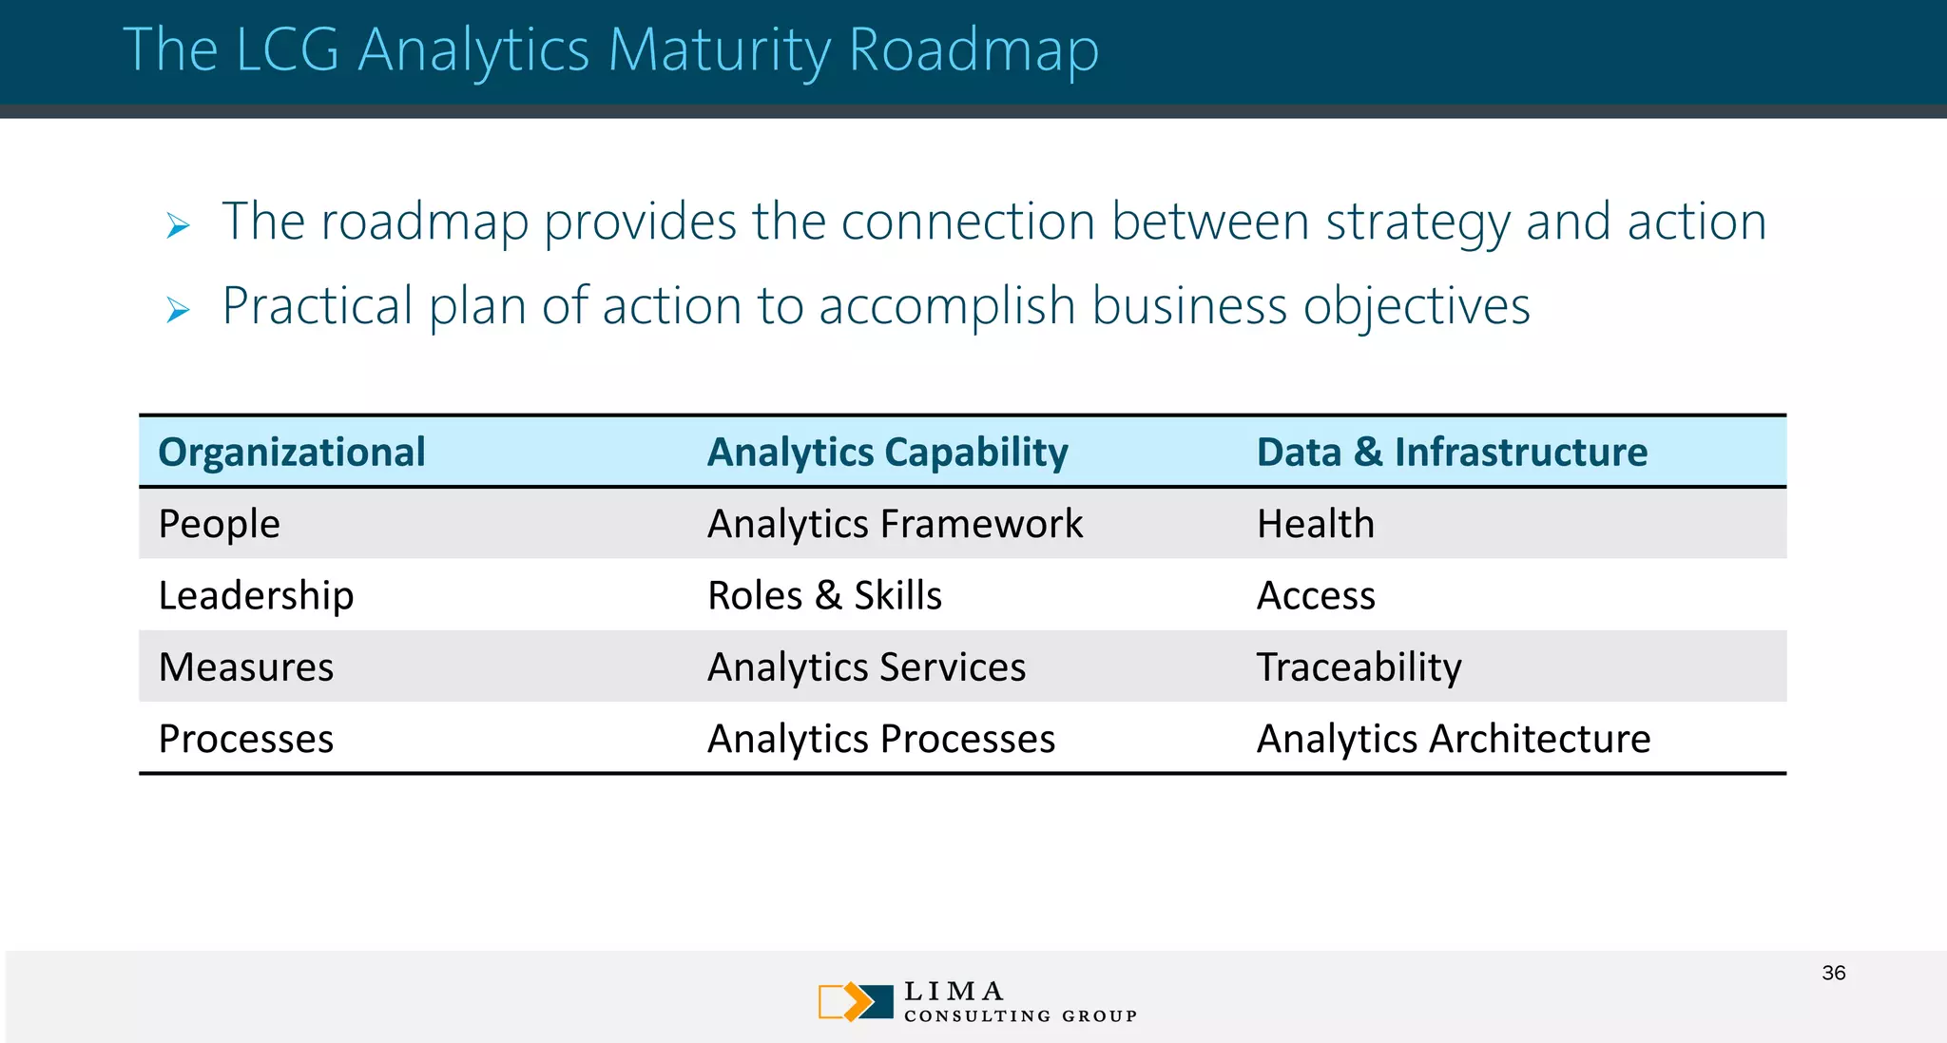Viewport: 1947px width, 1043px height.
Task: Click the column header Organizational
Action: [x=291, y=453]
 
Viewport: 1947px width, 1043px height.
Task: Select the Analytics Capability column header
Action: [x=887, y=453]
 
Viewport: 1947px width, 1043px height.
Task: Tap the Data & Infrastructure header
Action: [x=1451, y=453]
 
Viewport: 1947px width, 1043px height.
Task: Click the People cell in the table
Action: [x=219, y=524]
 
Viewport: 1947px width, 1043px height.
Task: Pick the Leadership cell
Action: [x=256, y=596]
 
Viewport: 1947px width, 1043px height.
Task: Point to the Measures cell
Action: [x=245, y=667]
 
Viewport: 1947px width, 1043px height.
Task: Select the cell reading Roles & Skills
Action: [x=824, y=596]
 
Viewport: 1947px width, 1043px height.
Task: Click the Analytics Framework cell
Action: [x=895, y=524]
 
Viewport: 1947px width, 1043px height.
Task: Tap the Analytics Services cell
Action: [x=866, y=667]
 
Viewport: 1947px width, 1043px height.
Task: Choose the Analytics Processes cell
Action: [x=880, y=740]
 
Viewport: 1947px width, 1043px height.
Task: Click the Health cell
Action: [x=1315, y=524]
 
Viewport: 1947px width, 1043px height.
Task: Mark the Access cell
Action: [x=1315, y=596]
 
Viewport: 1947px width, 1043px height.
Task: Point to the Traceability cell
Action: [x=1359, y=667]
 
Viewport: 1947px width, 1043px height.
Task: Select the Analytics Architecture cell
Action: [x=1453, y=740]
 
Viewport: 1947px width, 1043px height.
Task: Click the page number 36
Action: [x=1833, y=973]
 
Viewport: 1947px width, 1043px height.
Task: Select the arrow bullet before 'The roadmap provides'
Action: [x=178, y=226]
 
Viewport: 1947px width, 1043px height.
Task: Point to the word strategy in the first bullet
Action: [x=1417, y=222]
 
